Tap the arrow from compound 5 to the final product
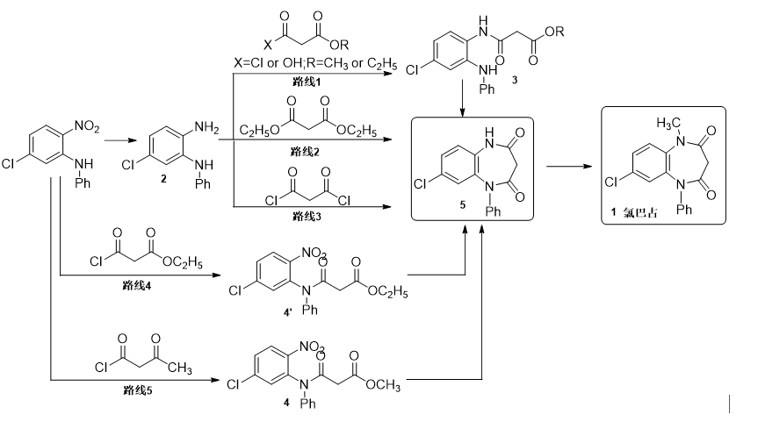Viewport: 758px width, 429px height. pos(567,164)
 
